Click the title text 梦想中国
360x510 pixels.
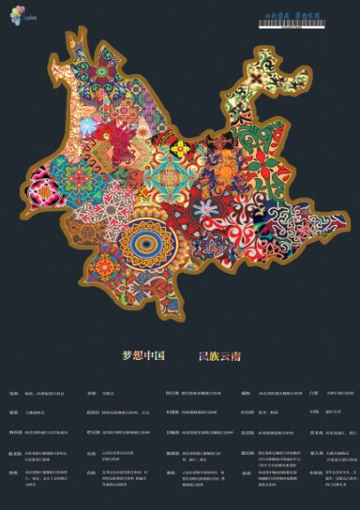143,356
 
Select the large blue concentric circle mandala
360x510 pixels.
145,246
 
